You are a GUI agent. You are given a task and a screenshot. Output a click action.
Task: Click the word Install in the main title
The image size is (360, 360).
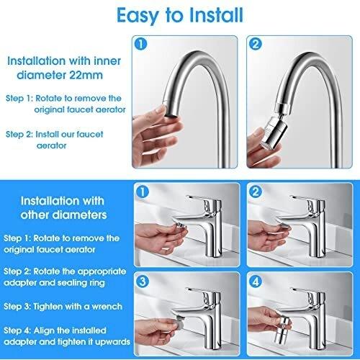(216, 15)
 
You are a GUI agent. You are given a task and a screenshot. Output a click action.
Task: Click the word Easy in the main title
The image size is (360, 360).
(138, 16)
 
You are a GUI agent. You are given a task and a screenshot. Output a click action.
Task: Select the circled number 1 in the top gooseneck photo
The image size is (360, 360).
(141, 44)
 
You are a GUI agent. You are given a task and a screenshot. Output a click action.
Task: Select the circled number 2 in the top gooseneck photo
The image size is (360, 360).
(256, 44)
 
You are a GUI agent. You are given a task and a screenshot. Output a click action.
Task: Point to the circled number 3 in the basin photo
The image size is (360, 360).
(143, 281)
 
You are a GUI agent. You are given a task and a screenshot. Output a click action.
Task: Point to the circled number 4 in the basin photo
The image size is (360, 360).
(256, 281)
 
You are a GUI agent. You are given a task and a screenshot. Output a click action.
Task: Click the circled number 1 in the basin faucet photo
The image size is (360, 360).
(143, 192)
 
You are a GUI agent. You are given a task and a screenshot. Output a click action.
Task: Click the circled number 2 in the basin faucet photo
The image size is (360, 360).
(256, 192)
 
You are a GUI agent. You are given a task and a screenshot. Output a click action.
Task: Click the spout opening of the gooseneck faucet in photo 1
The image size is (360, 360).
(172, 115)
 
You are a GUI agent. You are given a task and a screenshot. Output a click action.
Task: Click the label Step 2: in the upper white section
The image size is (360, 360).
(19, 135)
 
